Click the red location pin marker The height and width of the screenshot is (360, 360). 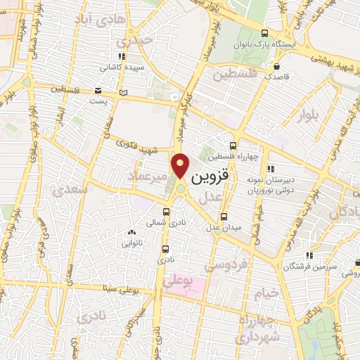(x=181, y=165)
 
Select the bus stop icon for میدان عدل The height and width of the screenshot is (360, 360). (x=224, y=217)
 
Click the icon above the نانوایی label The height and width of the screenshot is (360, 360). (x=131, y=232)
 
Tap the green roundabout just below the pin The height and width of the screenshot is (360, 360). (x=181, y=188)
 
